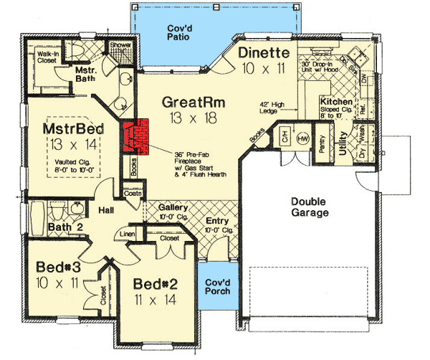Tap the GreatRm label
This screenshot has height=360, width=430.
pos(193,102)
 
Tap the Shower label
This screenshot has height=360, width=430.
pos(119,45)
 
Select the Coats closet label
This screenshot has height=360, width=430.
pos(131,193)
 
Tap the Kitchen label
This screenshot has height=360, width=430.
pos(335,103)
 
